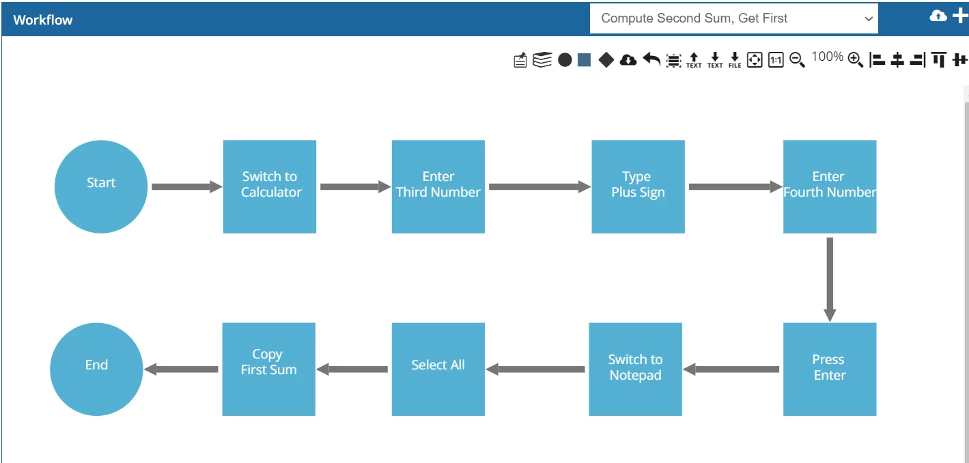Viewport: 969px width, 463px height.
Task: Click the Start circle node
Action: coord(101,186)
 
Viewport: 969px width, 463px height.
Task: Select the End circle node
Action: coord(96,369)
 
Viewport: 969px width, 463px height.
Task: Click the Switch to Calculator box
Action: coord(270,186)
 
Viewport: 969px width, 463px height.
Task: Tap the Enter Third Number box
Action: coord(438,186)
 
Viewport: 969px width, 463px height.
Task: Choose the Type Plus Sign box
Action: coord(638,186)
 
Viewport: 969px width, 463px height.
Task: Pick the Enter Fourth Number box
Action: coord(830,186)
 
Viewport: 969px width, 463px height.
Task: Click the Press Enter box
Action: coord(830,369)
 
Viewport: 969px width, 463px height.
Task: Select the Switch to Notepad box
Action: coord(636,369)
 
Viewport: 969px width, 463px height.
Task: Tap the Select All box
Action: coord(438,369)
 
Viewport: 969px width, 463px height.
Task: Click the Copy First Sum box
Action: coord(268,369)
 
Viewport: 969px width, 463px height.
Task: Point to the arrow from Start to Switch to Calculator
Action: coord(187,186)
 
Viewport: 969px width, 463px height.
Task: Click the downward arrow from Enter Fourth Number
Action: coord(830,279)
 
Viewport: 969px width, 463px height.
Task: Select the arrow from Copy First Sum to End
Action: coord(181,369)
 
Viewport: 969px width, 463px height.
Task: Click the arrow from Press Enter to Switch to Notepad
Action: coord(731,369)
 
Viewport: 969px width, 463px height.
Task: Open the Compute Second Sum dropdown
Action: coord(733,18)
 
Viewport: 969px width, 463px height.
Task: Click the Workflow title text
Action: coord(43,20)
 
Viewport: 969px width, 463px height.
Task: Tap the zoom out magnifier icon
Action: coord(797,59)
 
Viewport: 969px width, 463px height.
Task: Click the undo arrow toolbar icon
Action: coord(651,59)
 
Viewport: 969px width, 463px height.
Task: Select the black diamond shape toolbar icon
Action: coord(606,59)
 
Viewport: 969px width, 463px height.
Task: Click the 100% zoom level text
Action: coord(827,57)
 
